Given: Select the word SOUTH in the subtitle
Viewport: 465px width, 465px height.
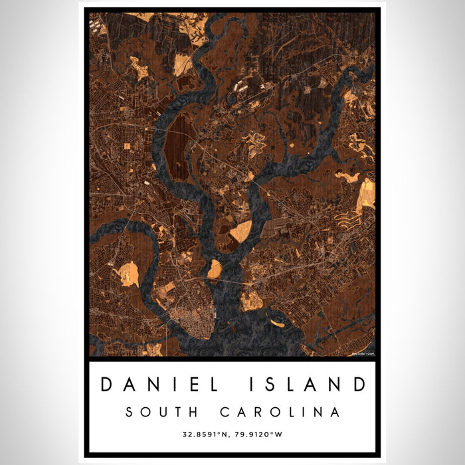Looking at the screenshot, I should pos(157,412).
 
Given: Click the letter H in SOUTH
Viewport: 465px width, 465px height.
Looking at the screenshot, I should pos(188,412).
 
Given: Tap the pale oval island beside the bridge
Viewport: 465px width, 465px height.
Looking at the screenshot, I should pos(214,270).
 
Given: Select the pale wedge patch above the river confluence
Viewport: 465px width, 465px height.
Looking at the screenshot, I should pos(240,231).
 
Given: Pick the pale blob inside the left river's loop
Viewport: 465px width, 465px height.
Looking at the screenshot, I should pos(128,274).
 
